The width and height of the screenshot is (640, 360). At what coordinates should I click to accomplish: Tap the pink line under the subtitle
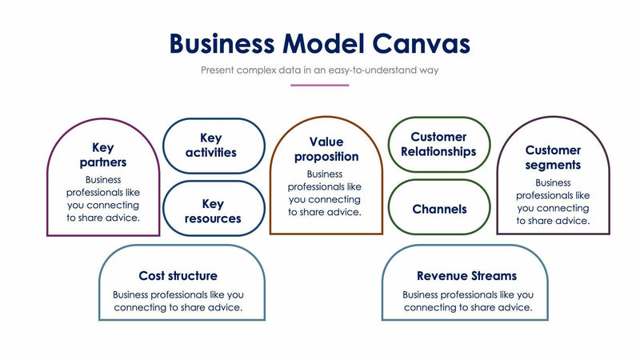(x=319, y=85)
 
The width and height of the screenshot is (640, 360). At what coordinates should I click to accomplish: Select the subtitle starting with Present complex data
(x=319, y=70)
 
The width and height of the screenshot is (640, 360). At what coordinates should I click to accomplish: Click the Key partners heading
(x=103, y=155)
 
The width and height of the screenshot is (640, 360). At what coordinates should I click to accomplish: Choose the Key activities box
(x=213, y=145)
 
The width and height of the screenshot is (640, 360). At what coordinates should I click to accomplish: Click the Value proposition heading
(x=326, y=149)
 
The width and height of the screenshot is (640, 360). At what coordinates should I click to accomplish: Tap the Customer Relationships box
(x=438, y=144)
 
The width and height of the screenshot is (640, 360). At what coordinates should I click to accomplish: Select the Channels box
(x=438, y=210)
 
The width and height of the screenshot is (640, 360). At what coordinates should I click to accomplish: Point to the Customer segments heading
(x=553, y=158)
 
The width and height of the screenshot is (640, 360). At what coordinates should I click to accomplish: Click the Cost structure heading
(x=178, y=276)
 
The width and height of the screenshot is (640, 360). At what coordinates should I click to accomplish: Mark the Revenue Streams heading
(x=466, y=276)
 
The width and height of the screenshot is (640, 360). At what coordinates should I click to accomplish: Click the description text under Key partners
(x=103, y=198)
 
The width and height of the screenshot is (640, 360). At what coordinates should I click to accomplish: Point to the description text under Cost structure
(x=178, y=301)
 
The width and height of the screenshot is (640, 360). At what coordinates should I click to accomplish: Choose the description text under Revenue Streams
(x=466, y=301)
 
